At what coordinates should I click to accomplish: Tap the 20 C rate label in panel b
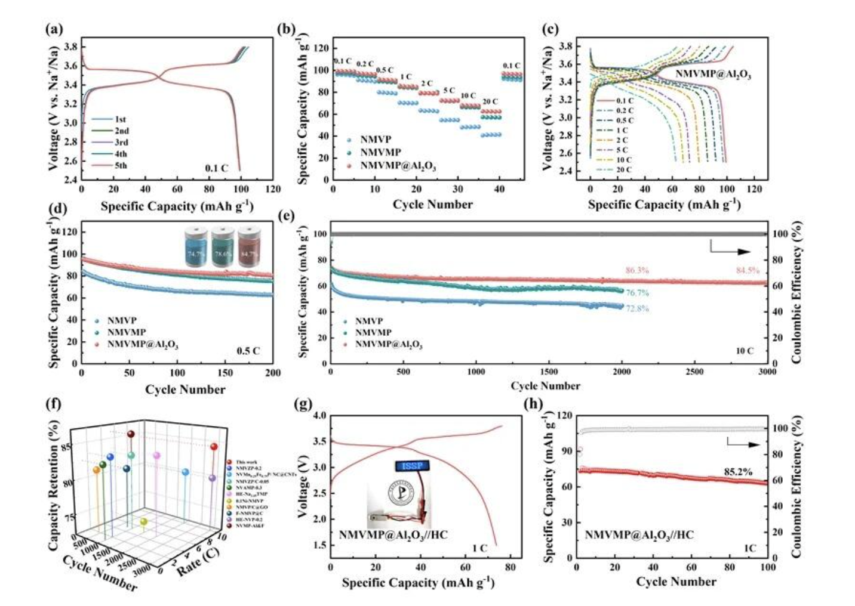[x=490, y=101]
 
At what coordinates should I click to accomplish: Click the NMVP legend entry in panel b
[x=375, y=140]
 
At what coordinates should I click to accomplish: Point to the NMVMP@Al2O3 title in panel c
[x=713, y=75]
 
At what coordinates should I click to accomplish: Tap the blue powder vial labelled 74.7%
[x=196, y=245]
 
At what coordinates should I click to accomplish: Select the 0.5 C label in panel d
[x=248, y=351]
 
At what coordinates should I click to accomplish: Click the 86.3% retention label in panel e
[x=636, y=270]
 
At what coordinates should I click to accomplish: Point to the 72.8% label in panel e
[x=637, y=308]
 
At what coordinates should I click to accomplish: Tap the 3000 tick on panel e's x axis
[x=767, y=372]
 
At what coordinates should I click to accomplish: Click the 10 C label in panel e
[x=744, y=351]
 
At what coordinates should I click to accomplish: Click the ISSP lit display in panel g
[x=411, y=465]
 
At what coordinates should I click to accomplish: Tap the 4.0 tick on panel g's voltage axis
[x=319, y=415]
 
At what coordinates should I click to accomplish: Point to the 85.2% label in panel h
[x=738, y=472]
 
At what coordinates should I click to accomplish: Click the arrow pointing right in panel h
[x=743, y=444]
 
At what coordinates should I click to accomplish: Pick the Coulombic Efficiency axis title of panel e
[x=796, y=292]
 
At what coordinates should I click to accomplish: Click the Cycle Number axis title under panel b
[x=432, y=205]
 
